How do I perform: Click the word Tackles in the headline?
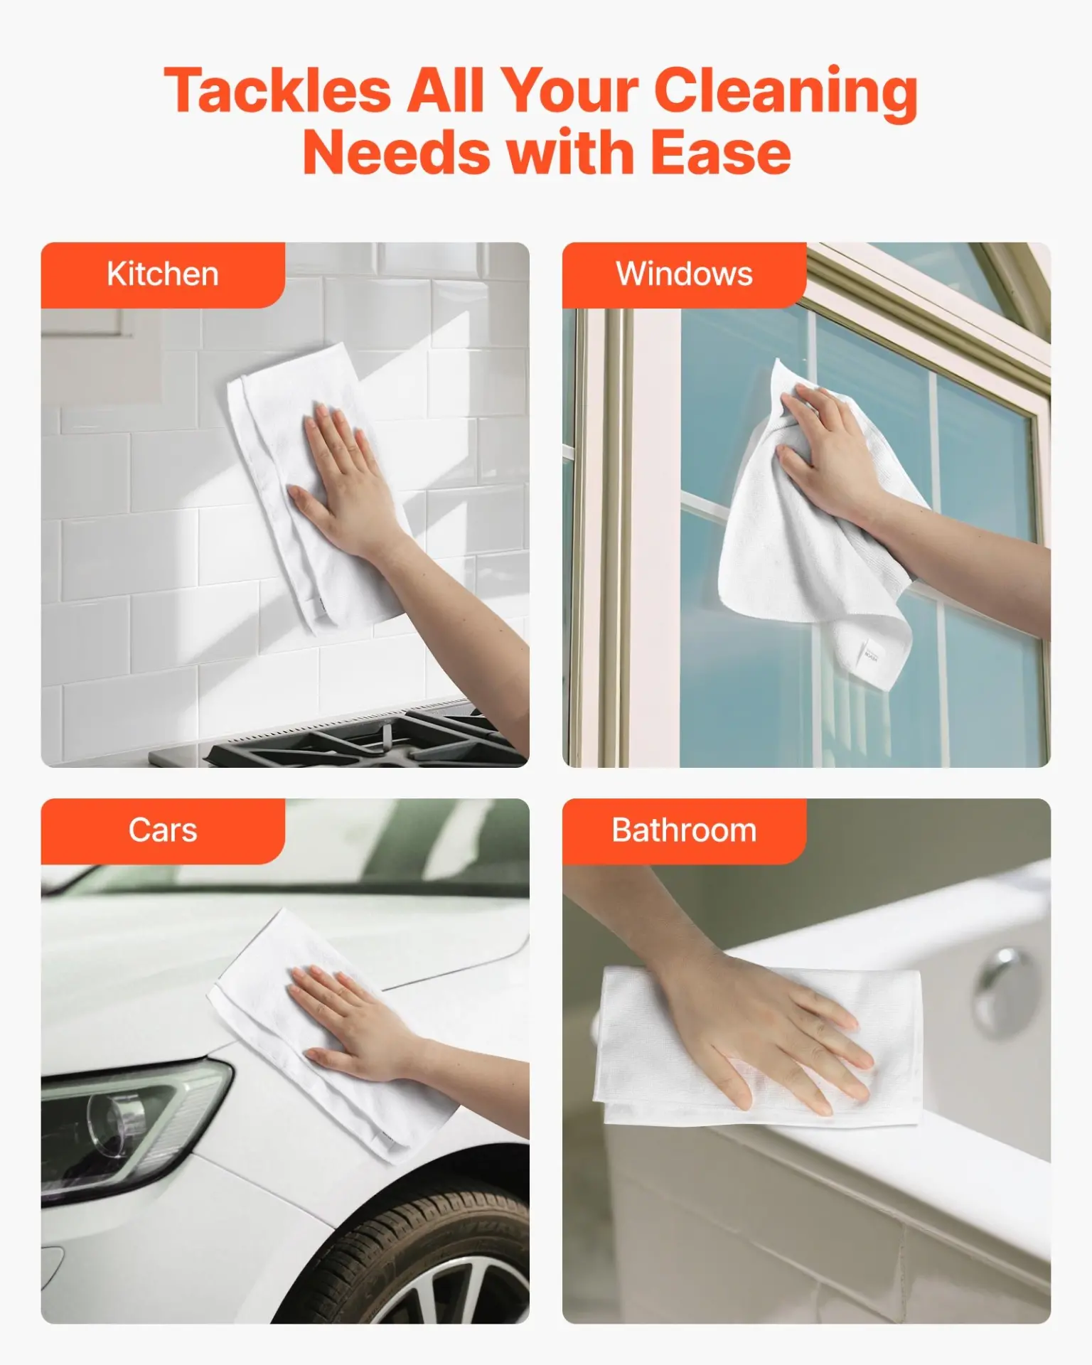coord(277,91)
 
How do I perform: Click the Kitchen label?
coord(163,274)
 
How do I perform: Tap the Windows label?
coord(684,274)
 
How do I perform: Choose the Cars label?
coord(163,830)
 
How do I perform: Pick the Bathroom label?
coord(684,830)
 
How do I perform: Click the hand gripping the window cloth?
coord(825,441)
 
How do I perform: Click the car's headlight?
coord(121,1123)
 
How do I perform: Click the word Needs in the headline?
coord(395,154)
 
